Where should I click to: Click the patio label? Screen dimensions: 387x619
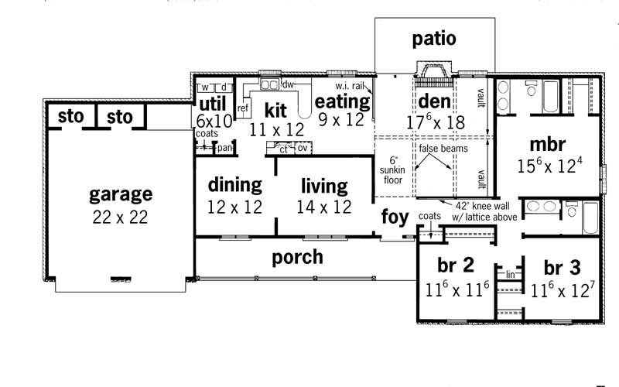(x=433, y=39)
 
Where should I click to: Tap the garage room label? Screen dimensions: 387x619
(x=120, y=194)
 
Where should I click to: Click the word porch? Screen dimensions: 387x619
(x=298, y=257)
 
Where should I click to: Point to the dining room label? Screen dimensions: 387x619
(x=234, y=186)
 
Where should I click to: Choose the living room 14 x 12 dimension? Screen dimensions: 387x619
(x=323, y=207)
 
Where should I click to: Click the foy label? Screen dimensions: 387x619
(x=394, y=217)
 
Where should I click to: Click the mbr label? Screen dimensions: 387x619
(x=549, y=144)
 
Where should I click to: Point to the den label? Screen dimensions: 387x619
(x=434, y=101)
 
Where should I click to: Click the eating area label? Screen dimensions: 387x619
(x=341, y=101)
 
